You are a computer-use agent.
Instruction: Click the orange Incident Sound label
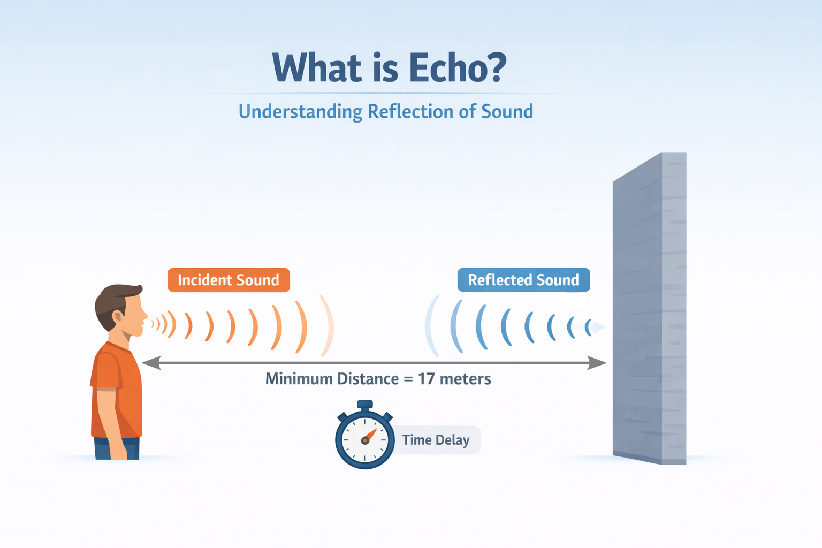pyautogui.click(x=229, y=280)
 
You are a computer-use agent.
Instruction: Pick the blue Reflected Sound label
pyautogui.click(x=523, y=280)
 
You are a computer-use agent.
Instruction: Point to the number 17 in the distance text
pyautogui.click(x=426, y=379)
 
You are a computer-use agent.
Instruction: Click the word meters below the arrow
pyautogui.click(x=465, y=379)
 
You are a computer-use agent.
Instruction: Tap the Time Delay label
pyautogui.click(x=436, y=440)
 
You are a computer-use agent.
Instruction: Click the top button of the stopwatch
pyautogui.click(x=365, y=405)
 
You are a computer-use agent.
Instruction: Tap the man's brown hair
pyautogui.click(x=112, y=300)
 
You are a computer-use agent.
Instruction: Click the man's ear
pyautogui.click(x=117, y=316)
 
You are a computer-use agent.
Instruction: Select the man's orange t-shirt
pyautogui.click(x=115, y=391)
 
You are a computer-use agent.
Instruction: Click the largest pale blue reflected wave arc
pyautogui.click(x=431, y=325)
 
